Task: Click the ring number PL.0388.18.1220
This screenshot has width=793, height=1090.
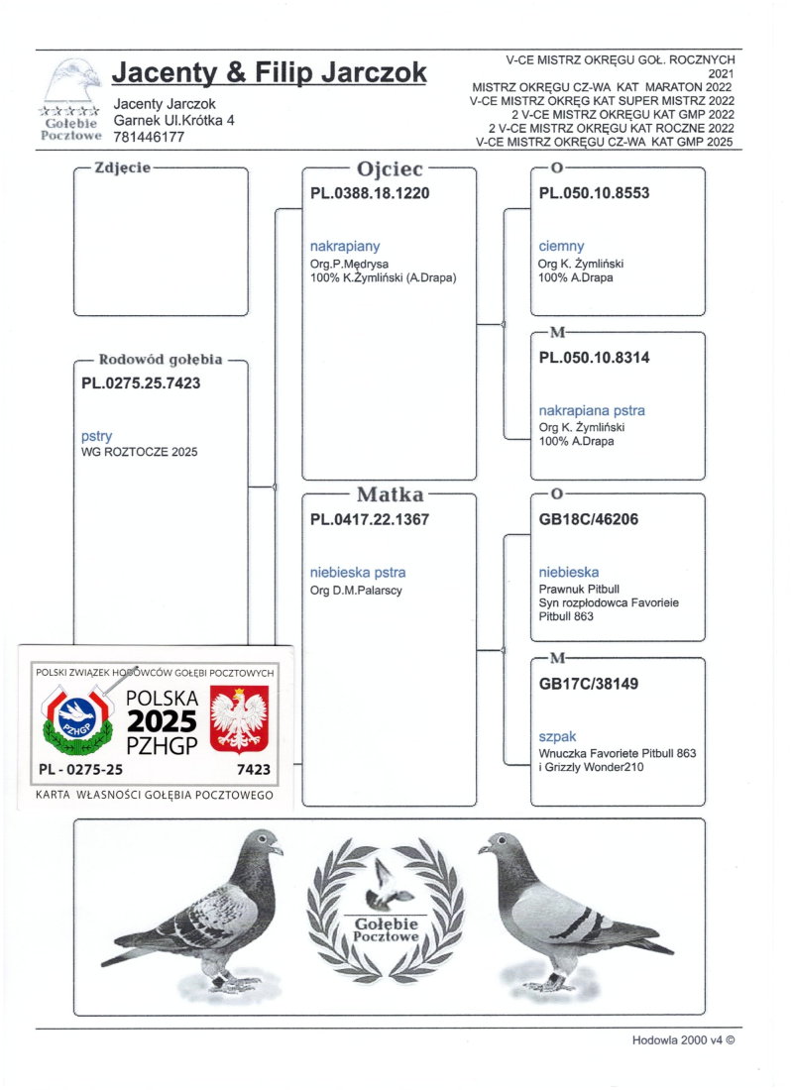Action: click(370, 194)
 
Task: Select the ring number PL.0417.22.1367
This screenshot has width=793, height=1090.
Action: click(370, 518)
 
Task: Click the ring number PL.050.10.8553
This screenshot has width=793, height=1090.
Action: click(594, 193)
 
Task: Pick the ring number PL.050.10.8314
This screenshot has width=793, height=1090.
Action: click(594, 358)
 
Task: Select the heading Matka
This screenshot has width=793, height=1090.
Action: click(390, 493)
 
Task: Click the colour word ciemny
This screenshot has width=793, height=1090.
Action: click(561, 246)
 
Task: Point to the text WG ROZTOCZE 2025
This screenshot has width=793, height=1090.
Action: click(139, 452)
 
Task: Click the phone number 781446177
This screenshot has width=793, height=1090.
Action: click(151, 138)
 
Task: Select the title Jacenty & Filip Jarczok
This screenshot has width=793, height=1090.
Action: click(270, 73)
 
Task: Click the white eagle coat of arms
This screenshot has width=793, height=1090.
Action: click(243, 719)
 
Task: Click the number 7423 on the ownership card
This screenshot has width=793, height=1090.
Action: click(254, 768)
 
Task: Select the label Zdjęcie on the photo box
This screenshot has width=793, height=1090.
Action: click(122, 167)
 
